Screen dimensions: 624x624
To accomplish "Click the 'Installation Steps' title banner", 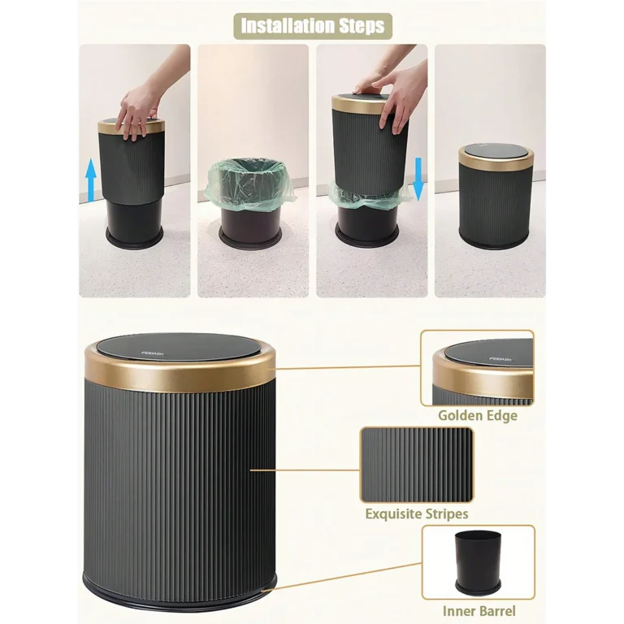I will [x=313, y=25].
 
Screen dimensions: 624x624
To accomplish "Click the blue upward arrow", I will [x=91, y=180].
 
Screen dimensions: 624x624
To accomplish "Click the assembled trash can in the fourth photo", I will [x=496, y=199].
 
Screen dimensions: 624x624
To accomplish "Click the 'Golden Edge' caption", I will [x=477, y=416].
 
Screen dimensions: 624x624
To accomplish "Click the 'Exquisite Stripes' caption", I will [x=416, y=513].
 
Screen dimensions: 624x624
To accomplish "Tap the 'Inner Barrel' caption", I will [x=479, y=611].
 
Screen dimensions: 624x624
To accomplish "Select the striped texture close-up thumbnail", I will [x=416, y=464].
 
